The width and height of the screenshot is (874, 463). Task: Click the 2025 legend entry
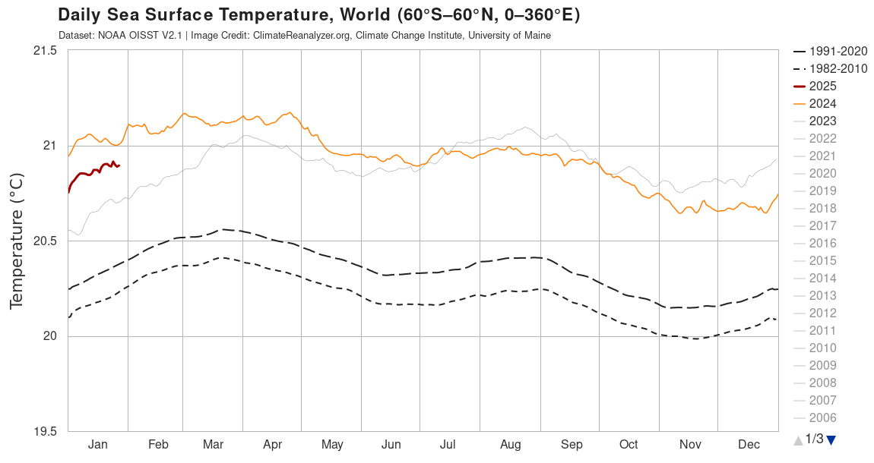822,86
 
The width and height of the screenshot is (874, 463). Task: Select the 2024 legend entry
822,103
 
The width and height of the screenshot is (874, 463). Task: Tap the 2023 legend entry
822,121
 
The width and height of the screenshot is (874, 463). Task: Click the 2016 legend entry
822,243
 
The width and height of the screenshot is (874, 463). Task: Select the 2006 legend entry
822,417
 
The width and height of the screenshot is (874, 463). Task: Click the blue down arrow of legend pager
831,439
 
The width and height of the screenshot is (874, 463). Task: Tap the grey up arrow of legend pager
798,439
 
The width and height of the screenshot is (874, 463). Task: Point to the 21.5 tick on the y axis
45,51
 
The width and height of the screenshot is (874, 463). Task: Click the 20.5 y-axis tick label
45,241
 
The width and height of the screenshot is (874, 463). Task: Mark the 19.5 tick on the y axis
45,432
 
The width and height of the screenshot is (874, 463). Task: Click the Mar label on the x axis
214,445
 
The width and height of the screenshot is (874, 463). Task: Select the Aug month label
511,445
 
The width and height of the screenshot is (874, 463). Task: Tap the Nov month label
690,445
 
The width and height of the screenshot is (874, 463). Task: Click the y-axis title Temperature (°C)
17,241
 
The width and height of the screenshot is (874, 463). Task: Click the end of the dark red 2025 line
119,165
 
